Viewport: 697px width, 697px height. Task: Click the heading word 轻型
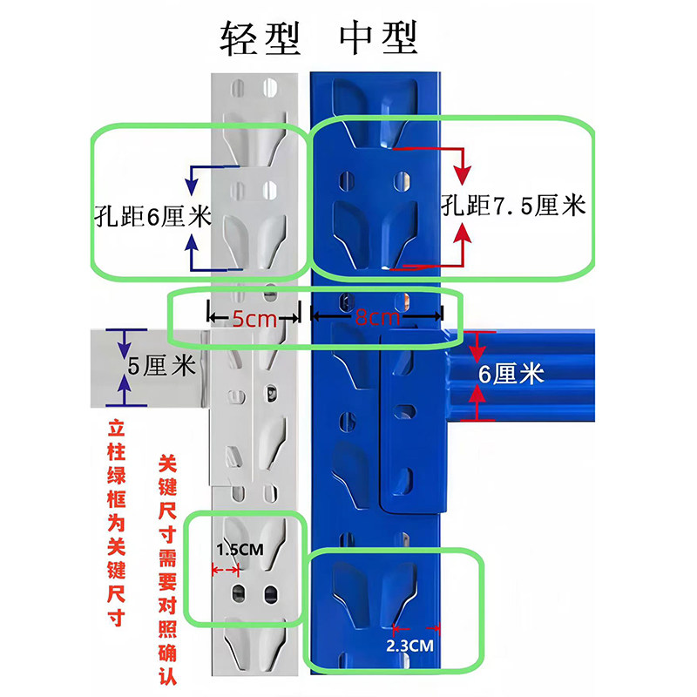261,37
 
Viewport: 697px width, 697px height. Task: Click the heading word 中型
379,37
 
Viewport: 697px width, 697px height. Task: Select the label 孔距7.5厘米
513,206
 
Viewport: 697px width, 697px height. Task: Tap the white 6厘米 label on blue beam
511,375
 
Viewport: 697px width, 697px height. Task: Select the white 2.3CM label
409,646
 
